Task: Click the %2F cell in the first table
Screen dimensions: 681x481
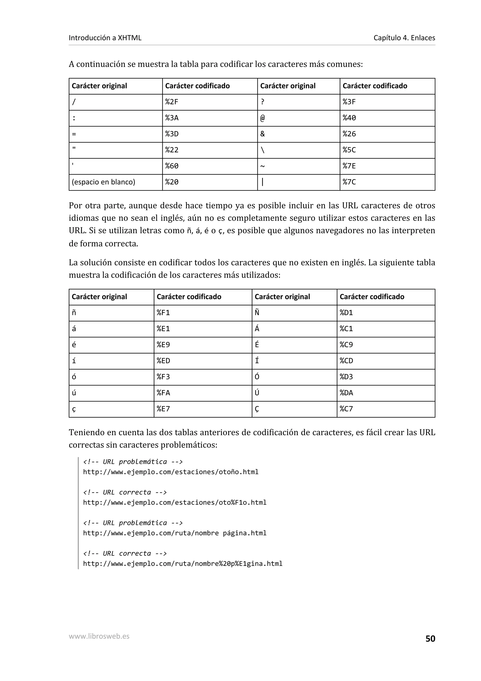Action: pos(172,102)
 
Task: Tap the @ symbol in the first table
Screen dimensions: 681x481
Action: pos(263,118)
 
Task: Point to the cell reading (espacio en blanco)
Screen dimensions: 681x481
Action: pos(103,182)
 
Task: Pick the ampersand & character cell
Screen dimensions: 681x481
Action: pos(263,134)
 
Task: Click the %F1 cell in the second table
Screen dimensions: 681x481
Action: pos(163,313)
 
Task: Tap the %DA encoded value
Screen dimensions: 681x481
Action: pos(346,393)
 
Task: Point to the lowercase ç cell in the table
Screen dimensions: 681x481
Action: pos(74,409)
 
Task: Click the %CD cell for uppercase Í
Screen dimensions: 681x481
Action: pos(346,361)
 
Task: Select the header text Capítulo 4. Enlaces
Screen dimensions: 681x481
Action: pos(404,38)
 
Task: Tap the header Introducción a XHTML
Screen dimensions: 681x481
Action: pos(105,38)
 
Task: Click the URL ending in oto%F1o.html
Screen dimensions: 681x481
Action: pos(175,502)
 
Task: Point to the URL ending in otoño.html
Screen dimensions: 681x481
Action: pos(171,472)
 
